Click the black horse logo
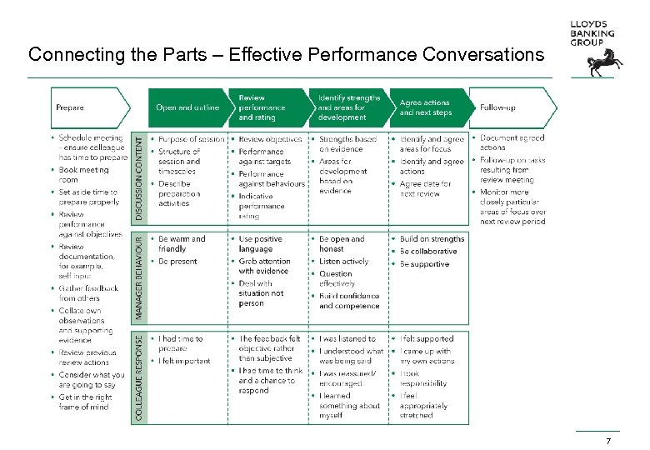coord(599,62)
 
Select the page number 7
coord(608,441)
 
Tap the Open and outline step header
coord(187,107)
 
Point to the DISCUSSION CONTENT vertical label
coord(140,177)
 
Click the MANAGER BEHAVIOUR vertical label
coord(140,277)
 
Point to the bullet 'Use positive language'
coord(261,244)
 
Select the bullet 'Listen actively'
coord(343,262)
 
